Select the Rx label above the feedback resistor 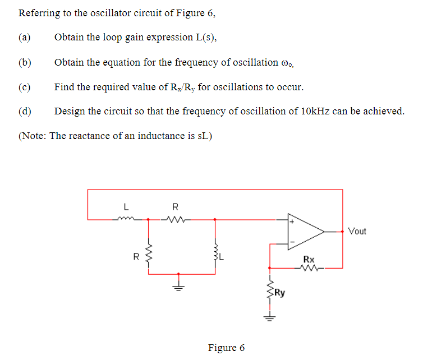tap(309, 259)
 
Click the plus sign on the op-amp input tap(292, 222)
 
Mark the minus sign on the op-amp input tap(292, 242)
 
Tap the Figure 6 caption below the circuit tap(226, 348)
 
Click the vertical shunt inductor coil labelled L tap(215, 257)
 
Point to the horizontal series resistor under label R tap(175, 220)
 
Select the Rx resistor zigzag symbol tap(309, 268)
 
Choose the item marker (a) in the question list tap(24, 38)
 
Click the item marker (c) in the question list tap(24, 87)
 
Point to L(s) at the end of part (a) tap(205, 38)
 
